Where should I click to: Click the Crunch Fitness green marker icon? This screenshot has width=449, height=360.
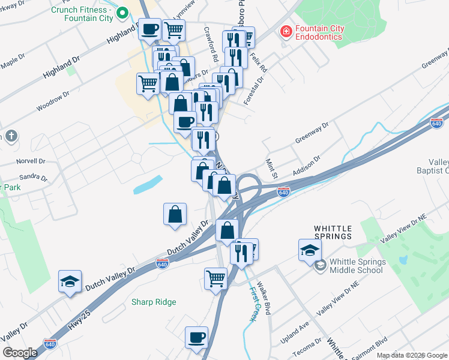(x=122, y=12)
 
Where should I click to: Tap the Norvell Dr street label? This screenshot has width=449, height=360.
(x=31, y=161)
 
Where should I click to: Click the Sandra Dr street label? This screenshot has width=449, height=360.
(x=33, y=178)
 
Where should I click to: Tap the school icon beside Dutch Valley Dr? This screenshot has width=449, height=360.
(x=70, y=281)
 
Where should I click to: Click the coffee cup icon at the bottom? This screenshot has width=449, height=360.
(x=196, y=337)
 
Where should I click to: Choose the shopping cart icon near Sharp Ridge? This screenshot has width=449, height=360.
(x=215, y=278)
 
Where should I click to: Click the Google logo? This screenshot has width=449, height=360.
(x=20, y=353)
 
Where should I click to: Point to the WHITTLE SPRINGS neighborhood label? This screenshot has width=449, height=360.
(x=333, y=232)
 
